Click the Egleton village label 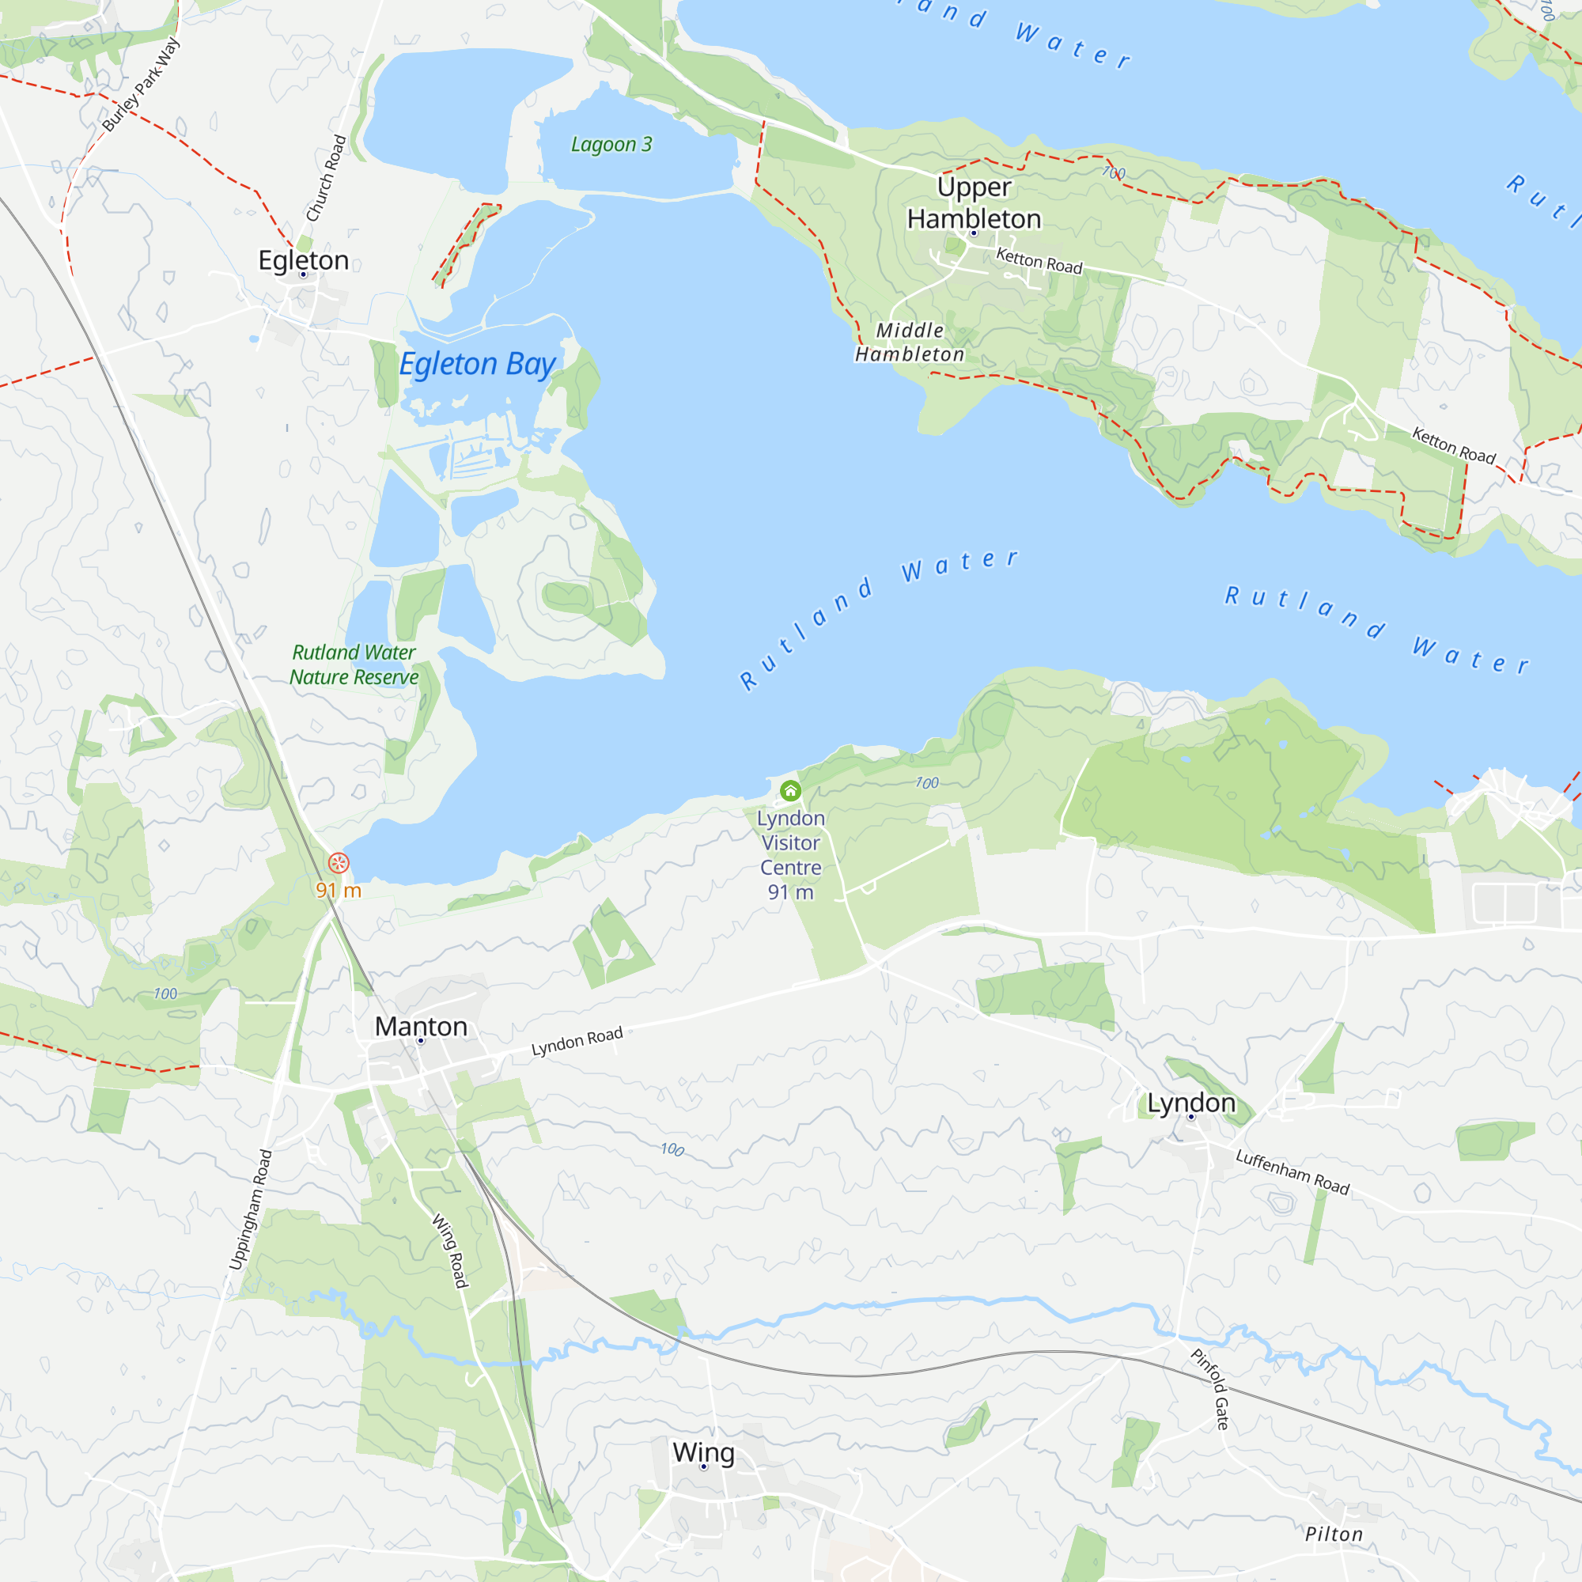tap(303, 260)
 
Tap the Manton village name tap(421, 1027)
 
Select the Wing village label tap(703, 1452)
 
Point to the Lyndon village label tap(1190, 1103)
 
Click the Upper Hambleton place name tap(974, 203)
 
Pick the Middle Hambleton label tap(910, 343)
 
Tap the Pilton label tap(1334, 1535)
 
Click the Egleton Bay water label tap(478, 364)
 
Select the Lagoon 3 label tap(611, 145)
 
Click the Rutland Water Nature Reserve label tap(354, 665)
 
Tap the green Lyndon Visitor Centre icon tap(790, 791)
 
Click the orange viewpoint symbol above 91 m tap(339, 863)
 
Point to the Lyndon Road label tap(577, 1042)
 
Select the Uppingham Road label tap(251, 1210)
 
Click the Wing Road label tap(450, 1251)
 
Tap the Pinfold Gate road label tap(1210, 1389)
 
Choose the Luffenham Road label tap(1292, 1171)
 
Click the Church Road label tap(326, 179)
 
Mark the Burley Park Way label tap(141, 85)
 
